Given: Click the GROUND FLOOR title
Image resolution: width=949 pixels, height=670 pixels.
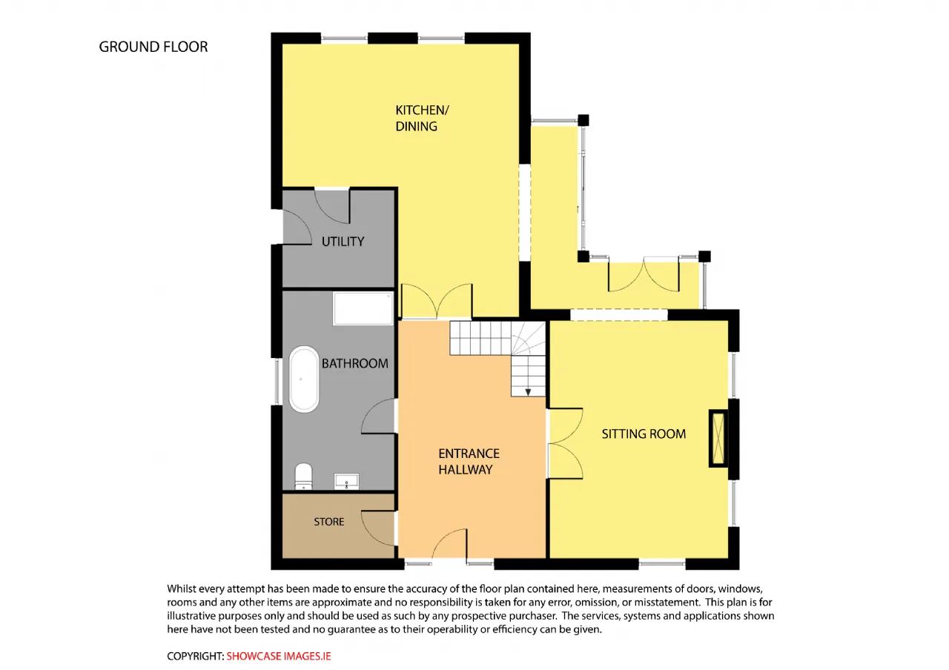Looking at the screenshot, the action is click(153, 47).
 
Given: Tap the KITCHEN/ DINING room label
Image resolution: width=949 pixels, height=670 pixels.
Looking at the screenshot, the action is click(422, 118).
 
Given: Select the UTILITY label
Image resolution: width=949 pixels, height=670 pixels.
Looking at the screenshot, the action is click(343, 242).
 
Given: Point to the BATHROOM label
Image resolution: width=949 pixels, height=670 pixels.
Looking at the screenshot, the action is click(354, 363).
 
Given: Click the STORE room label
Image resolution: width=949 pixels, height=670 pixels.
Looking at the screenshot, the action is click(328, 522).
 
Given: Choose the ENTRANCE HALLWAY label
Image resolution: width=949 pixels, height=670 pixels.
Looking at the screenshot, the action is click(469, 462).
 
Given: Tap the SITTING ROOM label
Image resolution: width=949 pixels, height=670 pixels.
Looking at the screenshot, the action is click(644, 434).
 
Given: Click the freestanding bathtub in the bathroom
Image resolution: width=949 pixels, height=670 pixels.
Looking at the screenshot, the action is click(304, 379).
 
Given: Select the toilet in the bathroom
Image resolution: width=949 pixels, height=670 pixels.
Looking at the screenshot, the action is click(303, 476).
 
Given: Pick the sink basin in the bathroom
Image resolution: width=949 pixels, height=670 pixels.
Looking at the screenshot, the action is click(346, 481).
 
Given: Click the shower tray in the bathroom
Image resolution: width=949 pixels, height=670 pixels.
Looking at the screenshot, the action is click(363, 308).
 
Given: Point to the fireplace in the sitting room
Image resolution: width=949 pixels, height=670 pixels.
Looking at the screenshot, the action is click(718, 439).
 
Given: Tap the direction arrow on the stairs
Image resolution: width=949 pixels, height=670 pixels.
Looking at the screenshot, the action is click(528, 392).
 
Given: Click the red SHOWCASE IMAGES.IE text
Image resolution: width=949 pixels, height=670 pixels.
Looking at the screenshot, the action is click(278, 656).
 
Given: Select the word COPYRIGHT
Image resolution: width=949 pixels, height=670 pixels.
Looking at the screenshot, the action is click(195, 656).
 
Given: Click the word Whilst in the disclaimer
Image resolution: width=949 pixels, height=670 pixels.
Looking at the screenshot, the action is click(182, 588).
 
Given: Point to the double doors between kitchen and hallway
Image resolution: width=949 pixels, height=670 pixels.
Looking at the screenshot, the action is click(437, 302).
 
